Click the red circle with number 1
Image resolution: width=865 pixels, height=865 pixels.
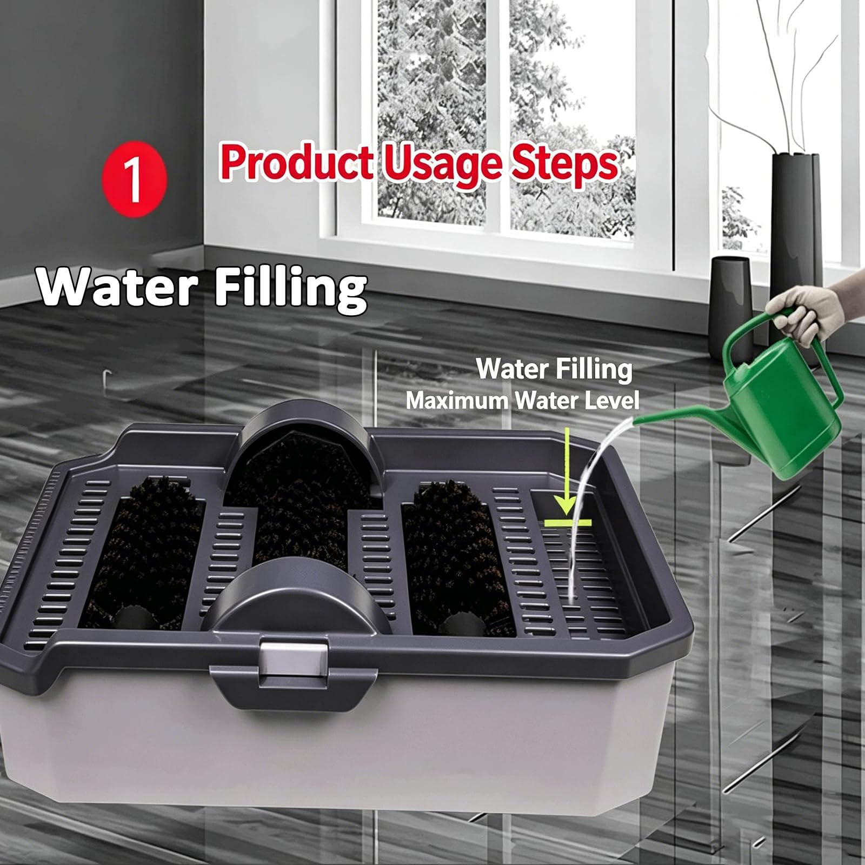click(135, 179)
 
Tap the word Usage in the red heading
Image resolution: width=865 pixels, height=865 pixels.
click(443, 165)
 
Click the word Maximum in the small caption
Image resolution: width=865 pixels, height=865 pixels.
click(457, 401)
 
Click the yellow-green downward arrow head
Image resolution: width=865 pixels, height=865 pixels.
click(565, 503)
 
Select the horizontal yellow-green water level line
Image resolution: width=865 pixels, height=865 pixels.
click(568, 522)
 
